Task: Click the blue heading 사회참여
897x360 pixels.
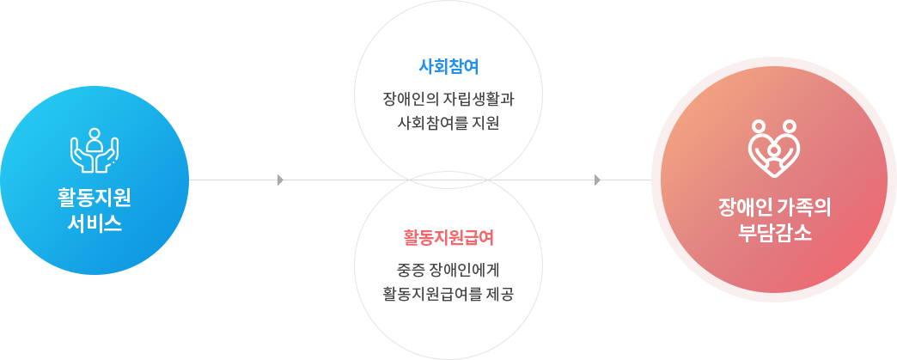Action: (448, 66)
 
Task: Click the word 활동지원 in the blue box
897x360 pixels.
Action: (95, 199)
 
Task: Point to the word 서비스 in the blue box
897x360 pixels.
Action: (95, 224)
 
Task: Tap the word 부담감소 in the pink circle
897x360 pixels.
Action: (774, 232)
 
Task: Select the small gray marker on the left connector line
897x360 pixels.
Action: (281, 180)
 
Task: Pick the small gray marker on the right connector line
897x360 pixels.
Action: (597, 180)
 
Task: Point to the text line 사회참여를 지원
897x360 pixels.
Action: (448, 123)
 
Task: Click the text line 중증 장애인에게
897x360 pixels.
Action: (448, 271)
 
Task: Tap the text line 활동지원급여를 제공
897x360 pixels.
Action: (448, 295)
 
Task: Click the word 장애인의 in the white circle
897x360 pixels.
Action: (412, 99)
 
